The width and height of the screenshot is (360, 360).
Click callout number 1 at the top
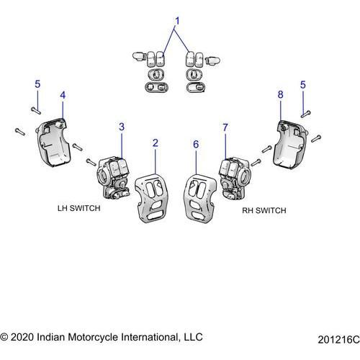[x=177, y=21]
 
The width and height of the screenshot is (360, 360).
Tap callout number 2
[x=156, y=143]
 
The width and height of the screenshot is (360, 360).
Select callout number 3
[x=122, y=127]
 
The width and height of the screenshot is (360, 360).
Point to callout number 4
[x=63, y=95]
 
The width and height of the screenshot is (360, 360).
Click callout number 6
[x=196, y=144]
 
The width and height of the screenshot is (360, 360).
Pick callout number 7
[x=225, y=127]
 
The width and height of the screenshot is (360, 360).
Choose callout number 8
[x=281, y=94]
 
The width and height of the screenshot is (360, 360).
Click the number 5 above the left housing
[x=37, y=84]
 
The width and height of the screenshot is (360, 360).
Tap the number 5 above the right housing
[x=303, y=85]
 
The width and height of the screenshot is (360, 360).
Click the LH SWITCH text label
[x=79, y=208]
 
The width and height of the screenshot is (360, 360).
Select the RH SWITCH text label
[x=264, y=210]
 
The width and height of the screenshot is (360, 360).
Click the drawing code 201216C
[x=338, y=340]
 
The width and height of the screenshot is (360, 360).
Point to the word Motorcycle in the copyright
[x=94, y=337]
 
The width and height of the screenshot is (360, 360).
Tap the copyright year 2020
[x=22, y=337]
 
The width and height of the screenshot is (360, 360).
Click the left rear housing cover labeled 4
[x=53, y=142]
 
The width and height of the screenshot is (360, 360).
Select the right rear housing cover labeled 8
[x=291, y=144]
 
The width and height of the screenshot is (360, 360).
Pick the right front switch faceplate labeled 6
[x=200, y=199]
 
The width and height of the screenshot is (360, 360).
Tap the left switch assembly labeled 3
[x=113, y=178]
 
